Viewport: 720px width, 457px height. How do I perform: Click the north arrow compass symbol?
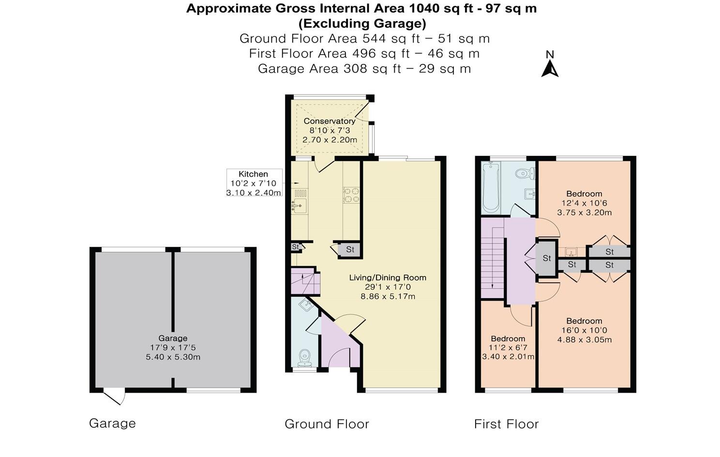550,64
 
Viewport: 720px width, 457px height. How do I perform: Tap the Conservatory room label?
330,121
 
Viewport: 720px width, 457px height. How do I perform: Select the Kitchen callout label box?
254,183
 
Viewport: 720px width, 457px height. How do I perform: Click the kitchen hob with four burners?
351,195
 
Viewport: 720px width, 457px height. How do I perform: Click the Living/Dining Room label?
388,277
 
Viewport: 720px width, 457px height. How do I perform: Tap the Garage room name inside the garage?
173,338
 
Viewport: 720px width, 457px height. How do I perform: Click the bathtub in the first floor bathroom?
491,187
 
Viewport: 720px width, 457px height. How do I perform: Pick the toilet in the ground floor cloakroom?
304,358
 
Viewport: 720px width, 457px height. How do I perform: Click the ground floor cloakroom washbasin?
304,304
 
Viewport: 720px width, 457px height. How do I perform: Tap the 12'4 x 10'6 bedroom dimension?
584,203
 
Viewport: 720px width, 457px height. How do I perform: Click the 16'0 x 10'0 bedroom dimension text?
584,330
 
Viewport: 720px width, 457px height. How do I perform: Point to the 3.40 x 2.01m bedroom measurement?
508,357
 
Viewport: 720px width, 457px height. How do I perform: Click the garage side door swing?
114,397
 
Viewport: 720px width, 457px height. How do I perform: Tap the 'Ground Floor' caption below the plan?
327,424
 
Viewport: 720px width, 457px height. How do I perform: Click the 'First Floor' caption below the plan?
506,424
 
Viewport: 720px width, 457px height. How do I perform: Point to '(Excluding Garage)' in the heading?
362,23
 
